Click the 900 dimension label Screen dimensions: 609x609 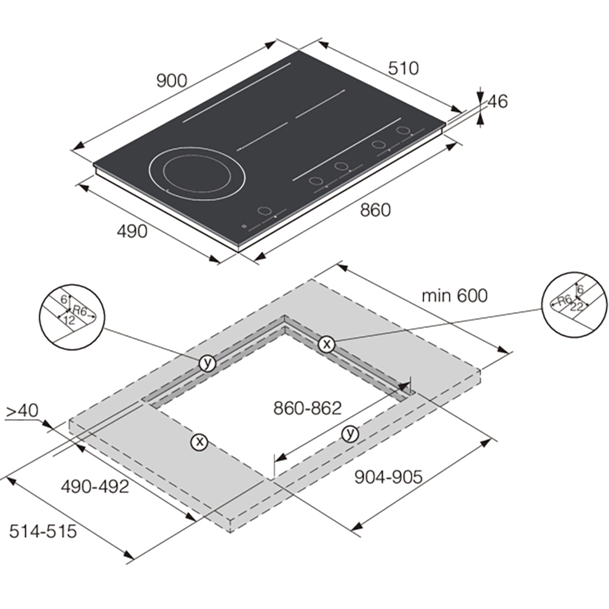(x=172, y=81)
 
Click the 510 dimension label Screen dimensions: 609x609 (x=404, y=68)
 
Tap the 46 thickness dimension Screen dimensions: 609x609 (x=498, y=101)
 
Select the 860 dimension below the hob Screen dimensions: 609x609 (x=375, y=210)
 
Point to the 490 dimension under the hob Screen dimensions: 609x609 (x=132, y=231)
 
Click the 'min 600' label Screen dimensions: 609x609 (x=454, y=295)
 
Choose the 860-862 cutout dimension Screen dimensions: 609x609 (x=308, y=408)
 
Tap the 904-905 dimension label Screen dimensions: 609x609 (x=389, y=477)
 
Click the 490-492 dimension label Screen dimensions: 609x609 (x=95, y=486)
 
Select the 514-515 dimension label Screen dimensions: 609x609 (x=43, y=531)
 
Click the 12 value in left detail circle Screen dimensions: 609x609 (x=69, y=320)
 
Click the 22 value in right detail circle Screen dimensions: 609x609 (x=576, y=307)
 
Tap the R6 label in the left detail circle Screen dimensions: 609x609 (x=80, y=311)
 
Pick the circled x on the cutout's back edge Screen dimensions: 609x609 (x=326, y=344)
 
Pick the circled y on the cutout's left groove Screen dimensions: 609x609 (x=208, y=363)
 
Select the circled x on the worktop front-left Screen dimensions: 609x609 (x=200, y=442)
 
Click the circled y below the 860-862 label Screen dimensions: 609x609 (x=350, y=434)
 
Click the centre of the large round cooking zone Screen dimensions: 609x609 (x=197, y=174)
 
